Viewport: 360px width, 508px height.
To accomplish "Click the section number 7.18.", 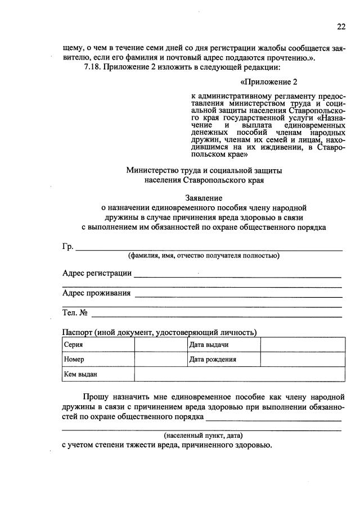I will (x=92, y=68).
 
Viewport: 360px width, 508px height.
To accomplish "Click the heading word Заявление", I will (x=204, y=198).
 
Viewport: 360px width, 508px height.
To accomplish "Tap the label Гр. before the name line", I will (x=68, y=247).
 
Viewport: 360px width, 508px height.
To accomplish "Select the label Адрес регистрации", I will (x=97, y=274).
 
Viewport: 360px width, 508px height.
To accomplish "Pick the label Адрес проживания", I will (x=96, y=293).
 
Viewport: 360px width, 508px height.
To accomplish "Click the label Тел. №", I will (x=74, y=312).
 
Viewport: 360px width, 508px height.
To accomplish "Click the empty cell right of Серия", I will (x=160, y=344).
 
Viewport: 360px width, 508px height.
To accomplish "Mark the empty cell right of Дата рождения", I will (x=302, y=359).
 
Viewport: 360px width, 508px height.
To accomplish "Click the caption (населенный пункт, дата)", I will (x=204, y=436).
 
